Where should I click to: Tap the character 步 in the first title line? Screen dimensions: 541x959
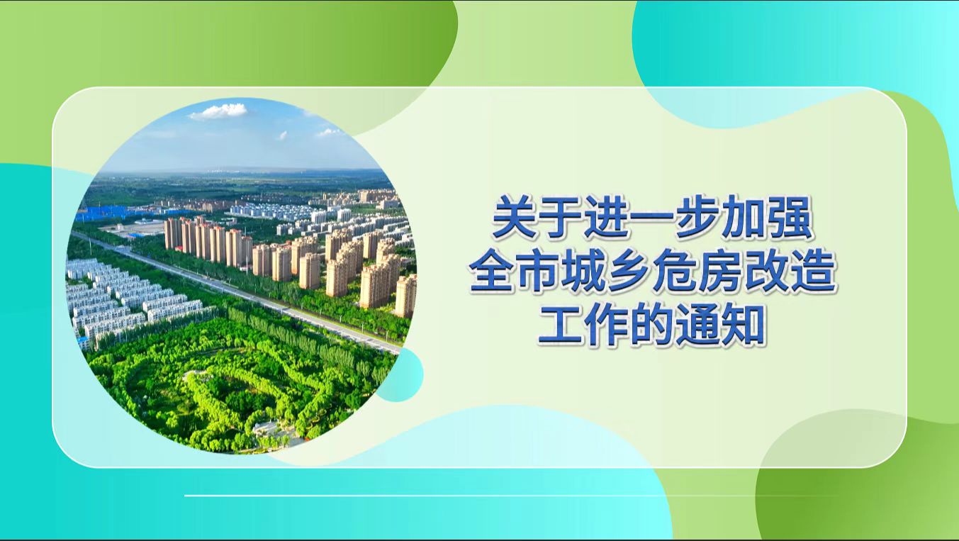point(650,221)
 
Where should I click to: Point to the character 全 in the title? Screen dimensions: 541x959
point(491,274)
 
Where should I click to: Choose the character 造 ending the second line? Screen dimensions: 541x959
point(811,274)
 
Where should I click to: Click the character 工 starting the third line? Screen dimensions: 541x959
point(560,327)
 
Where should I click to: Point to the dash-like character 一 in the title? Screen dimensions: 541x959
point(605,222)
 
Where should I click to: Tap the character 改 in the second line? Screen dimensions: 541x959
point(765,274)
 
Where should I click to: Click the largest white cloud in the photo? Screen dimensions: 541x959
point(219,111)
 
